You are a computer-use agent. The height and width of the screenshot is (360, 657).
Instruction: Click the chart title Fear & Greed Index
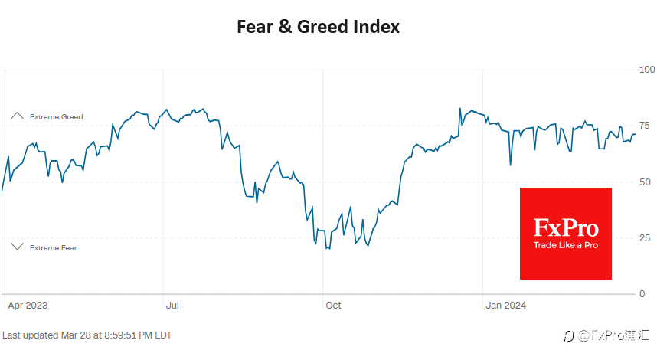[x=318, y=27]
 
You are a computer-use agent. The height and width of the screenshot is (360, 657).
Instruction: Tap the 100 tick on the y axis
[x=647, y=70]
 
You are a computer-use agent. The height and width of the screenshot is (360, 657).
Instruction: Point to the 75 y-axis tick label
[x=645, y=126]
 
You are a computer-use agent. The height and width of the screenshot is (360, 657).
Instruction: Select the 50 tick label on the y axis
[x=645, y=182]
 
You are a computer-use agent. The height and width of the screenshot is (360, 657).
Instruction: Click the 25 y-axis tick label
[x=645, y=238]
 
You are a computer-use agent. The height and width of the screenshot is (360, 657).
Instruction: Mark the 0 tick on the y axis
[x=642, y=294]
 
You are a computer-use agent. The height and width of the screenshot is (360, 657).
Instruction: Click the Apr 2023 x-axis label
[x=28, y=306]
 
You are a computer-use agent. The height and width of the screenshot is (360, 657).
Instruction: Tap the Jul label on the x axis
[x=172, y=306]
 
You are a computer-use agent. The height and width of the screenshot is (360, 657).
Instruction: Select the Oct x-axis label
[x=334, y=306]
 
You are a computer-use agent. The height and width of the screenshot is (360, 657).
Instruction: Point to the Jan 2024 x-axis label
[x=505, y=306]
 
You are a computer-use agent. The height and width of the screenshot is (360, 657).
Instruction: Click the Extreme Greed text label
[x=56, y=117]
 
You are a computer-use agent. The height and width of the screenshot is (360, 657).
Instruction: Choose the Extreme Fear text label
[x=53, y=248]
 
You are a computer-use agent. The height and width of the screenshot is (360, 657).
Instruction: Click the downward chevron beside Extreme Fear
[x=17, y=247]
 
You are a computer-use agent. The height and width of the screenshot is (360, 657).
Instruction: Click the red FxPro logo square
[x=566, y=234]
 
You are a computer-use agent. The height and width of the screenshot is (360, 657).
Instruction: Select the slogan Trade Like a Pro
[x=566, y=245]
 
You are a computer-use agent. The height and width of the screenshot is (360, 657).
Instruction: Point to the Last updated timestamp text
[x=87, y=335]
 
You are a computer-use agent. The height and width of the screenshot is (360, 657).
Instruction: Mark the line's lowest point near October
[x=329, y=249]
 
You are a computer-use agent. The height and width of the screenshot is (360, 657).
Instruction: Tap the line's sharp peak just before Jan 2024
[x=460, y=109]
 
